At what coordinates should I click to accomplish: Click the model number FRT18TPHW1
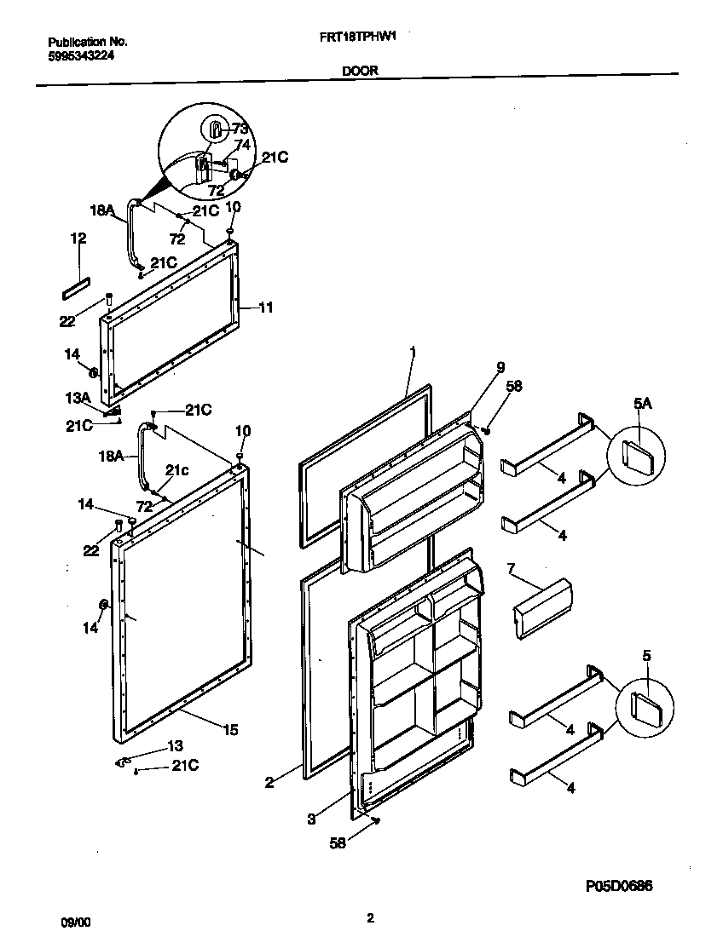click(361, 39)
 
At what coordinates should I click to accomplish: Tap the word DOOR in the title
click(361, 72)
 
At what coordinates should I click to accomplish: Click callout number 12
click(78, 239)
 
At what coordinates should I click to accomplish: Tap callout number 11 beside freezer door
click(265, 308)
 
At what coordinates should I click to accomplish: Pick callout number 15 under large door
click(230, 729)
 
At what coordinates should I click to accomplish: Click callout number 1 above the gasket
click(411, 352)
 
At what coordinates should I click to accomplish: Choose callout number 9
click(500, 369)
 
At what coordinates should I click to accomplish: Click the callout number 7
click(511, 568)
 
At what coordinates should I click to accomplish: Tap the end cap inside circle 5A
click(637, 454)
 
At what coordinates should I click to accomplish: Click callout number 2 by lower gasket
click(269, 782)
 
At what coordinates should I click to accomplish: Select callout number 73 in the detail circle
click(240, 129)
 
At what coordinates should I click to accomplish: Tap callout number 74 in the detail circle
click(242, 145)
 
